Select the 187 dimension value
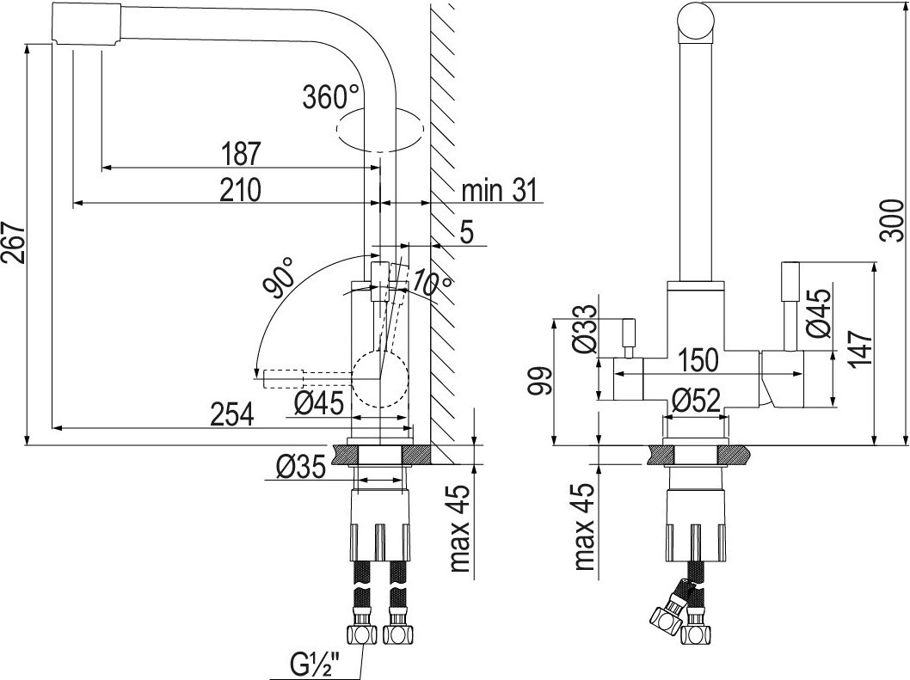tap(241, 153)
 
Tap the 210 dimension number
tap(241, 190)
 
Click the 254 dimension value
tap(232, 414)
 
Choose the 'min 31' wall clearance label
tap(500, 190)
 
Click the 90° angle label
tap(279, 278)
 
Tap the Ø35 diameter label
tap(301, 468)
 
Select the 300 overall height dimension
tap(891, 220)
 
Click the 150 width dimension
tap(698, 360)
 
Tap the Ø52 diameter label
tap(696, 399)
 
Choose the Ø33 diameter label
tap(584, 328)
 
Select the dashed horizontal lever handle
tap(284, 377)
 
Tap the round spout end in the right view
tap(696, 21)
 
